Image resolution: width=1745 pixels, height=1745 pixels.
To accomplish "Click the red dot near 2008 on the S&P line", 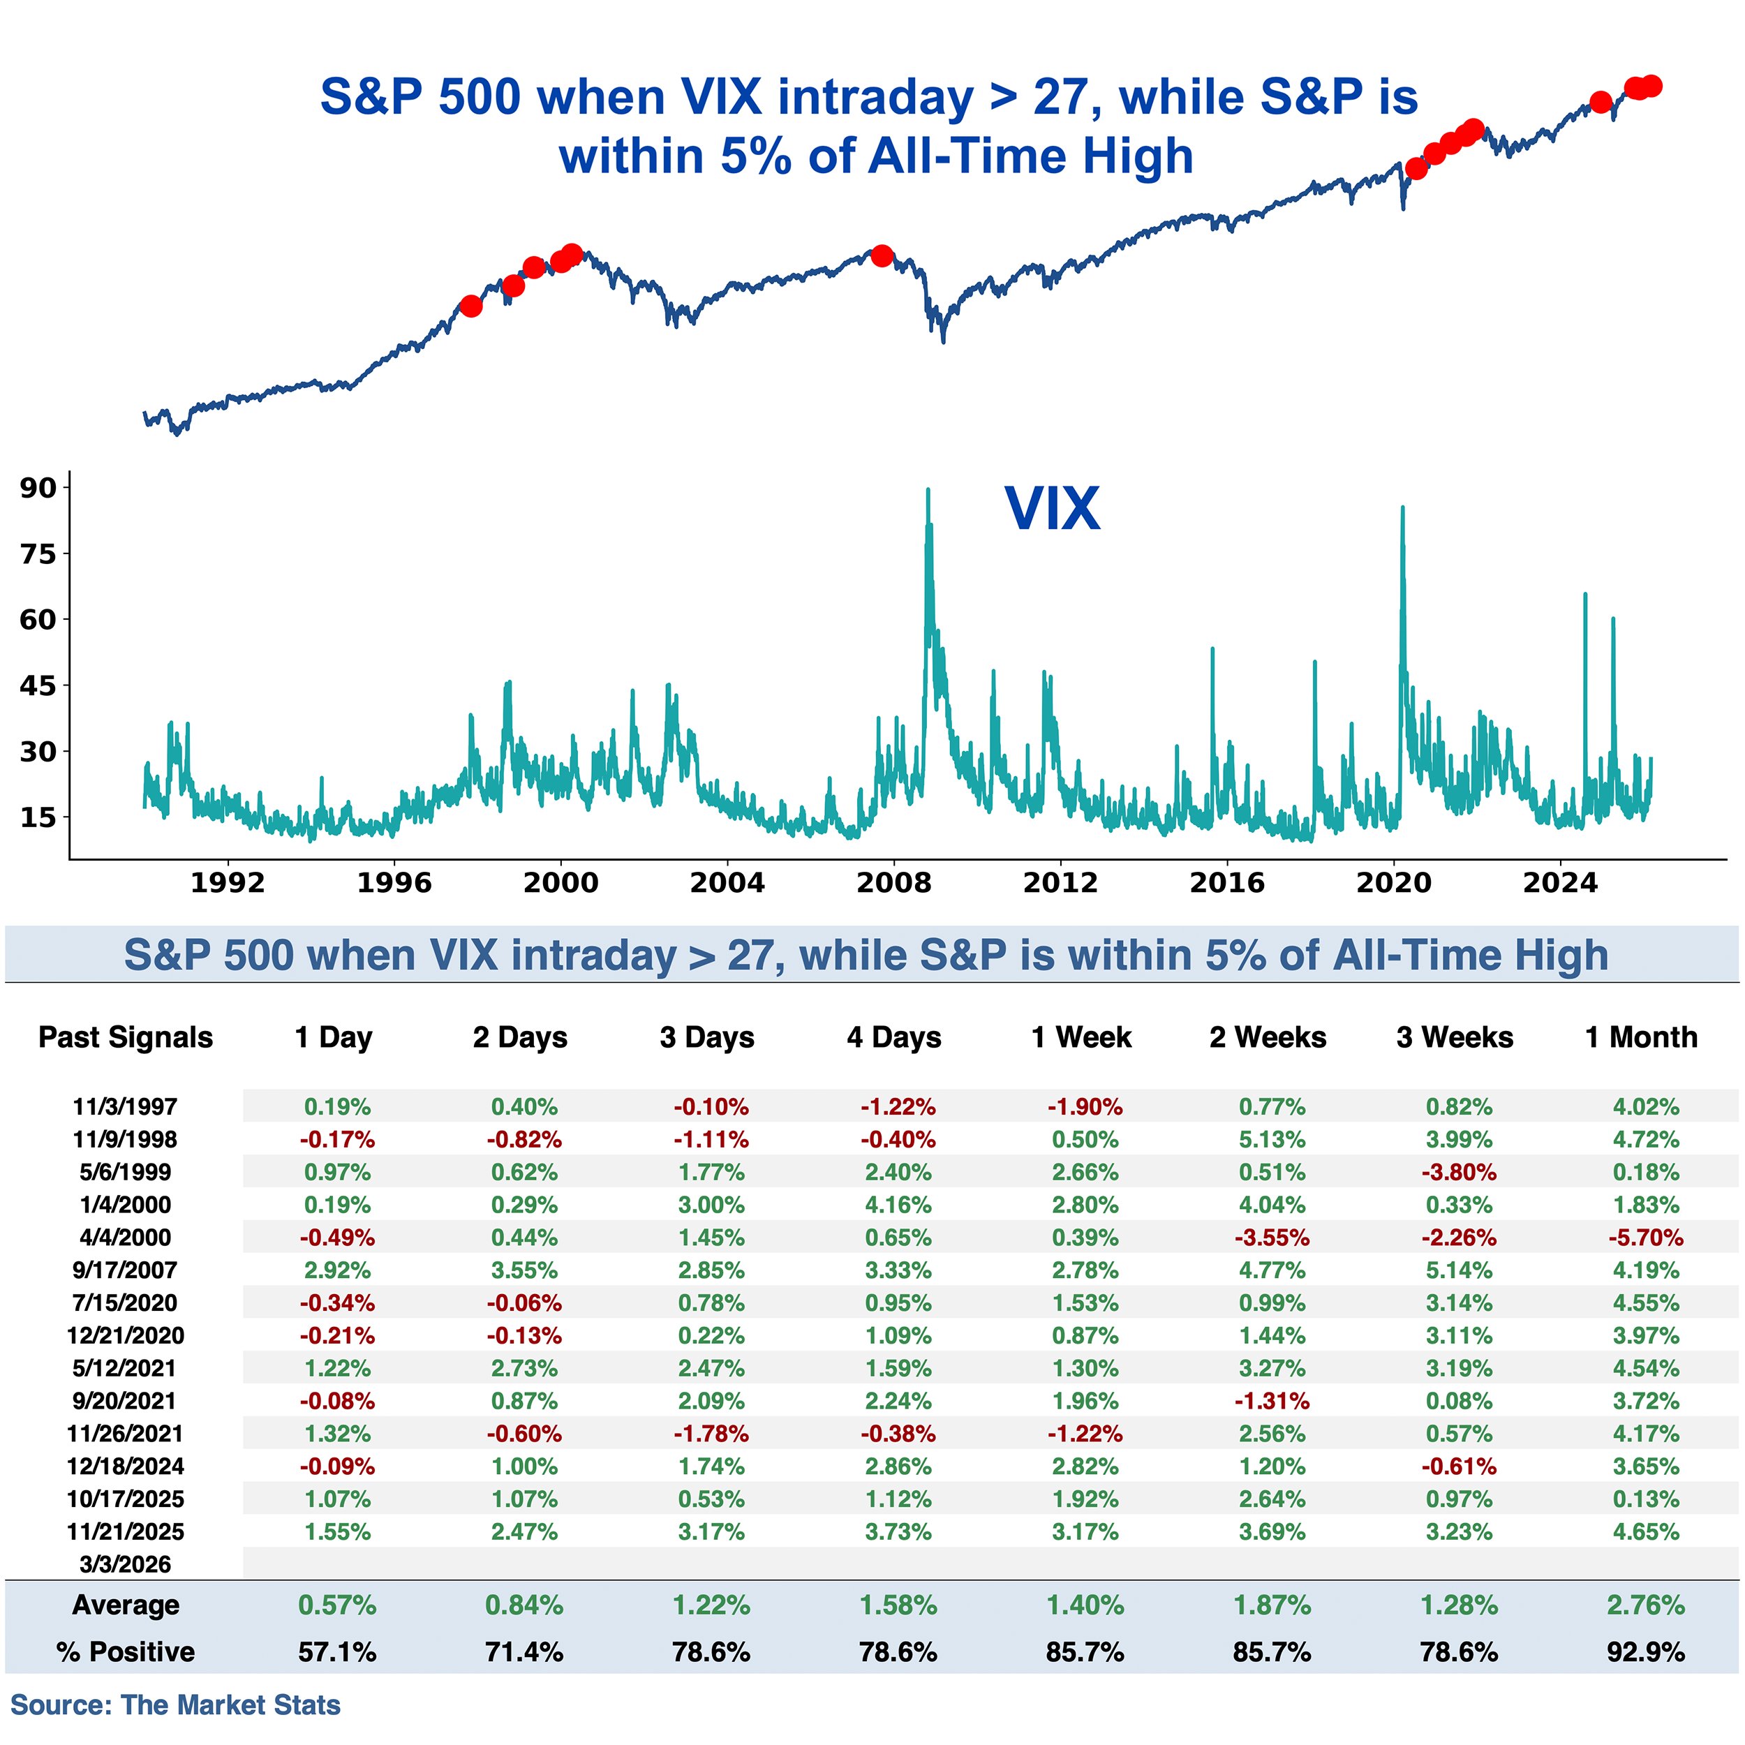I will pos(882,255).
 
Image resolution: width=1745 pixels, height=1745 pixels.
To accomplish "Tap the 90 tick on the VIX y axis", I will pos(38,488).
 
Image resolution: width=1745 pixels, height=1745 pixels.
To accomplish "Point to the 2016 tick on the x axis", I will pos(1226,882).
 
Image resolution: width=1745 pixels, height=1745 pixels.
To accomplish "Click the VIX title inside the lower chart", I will pos(1053,509).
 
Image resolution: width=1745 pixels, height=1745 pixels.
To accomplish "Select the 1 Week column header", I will pos(1081,1037).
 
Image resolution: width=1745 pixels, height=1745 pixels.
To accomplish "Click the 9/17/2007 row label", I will pos(125,1270).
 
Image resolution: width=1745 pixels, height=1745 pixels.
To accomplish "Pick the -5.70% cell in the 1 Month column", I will pos(1646,1238).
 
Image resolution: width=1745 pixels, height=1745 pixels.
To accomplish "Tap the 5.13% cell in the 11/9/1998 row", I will pos(1272,1140).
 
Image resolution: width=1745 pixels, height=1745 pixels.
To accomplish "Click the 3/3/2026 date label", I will pos(125,1564).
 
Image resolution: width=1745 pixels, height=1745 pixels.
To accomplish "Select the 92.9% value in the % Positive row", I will pos(1646,1652).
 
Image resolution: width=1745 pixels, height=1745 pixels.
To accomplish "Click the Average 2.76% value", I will pos(1646,1605).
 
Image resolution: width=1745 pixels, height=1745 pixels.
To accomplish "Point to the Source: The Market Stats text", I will pos(175,1705).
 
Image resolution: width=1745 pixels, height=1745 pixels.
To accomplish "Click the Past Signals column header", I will pos(126,1037).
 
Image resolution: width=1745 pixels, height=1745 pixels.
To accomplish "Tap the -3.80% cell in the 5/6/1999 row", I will pos(1459,1173).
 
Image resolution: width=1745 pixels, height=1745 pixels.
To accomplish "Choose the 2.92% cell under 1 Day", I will pos(337,1270).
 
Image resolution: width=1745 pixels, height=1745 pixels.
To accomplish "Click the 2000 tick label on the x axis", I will pos(561,882).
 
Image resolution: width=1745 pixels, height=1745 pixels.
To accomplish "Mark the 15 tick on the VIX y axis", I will pos(38,817).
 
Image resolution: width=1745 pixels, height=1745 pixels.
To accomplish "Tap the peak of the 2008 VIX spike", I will pos(928,491).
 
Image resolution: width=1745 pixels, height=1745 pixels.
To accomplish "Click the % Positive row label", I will pos(126,1652).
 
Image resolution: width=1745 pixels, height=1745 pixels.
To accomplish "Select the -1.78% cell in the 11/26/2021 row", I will pos(711,1434).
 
